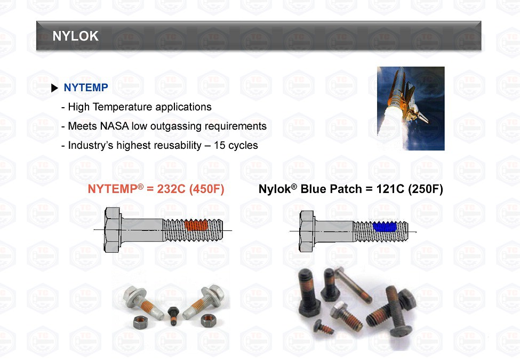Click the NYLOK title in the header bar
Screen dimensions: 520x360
(x=76, y=36)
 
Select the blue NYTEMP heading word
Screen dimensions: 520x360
(x=86, y=87)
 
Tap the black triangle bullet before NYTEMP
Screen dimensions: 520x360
(x=55, y=88)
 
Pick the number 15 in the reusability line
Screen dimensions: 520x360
(x=219, y=145)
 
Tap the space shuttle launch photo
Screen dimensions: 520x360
(x=411, y=108)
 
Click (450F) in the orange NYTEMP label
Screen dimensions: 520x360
(x=206, y=189)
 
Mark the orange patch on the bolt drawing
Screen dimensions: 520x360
(x=196, y=225)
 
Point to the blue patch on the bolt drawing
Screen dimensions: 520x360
(x=385, y=227)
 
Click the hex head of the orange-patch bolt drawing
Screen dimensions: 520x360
(x=113, y=230)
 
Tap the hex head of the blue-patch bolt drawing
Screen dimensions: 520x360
(x=307, y=231)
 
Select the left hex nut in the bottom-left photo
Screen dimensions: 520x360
(x=142, y=322)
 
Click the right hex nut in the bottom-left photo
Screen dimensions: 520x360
(x=209, y=320)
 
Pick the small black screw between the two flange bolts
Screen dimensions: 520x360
(x=173, y=316)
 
